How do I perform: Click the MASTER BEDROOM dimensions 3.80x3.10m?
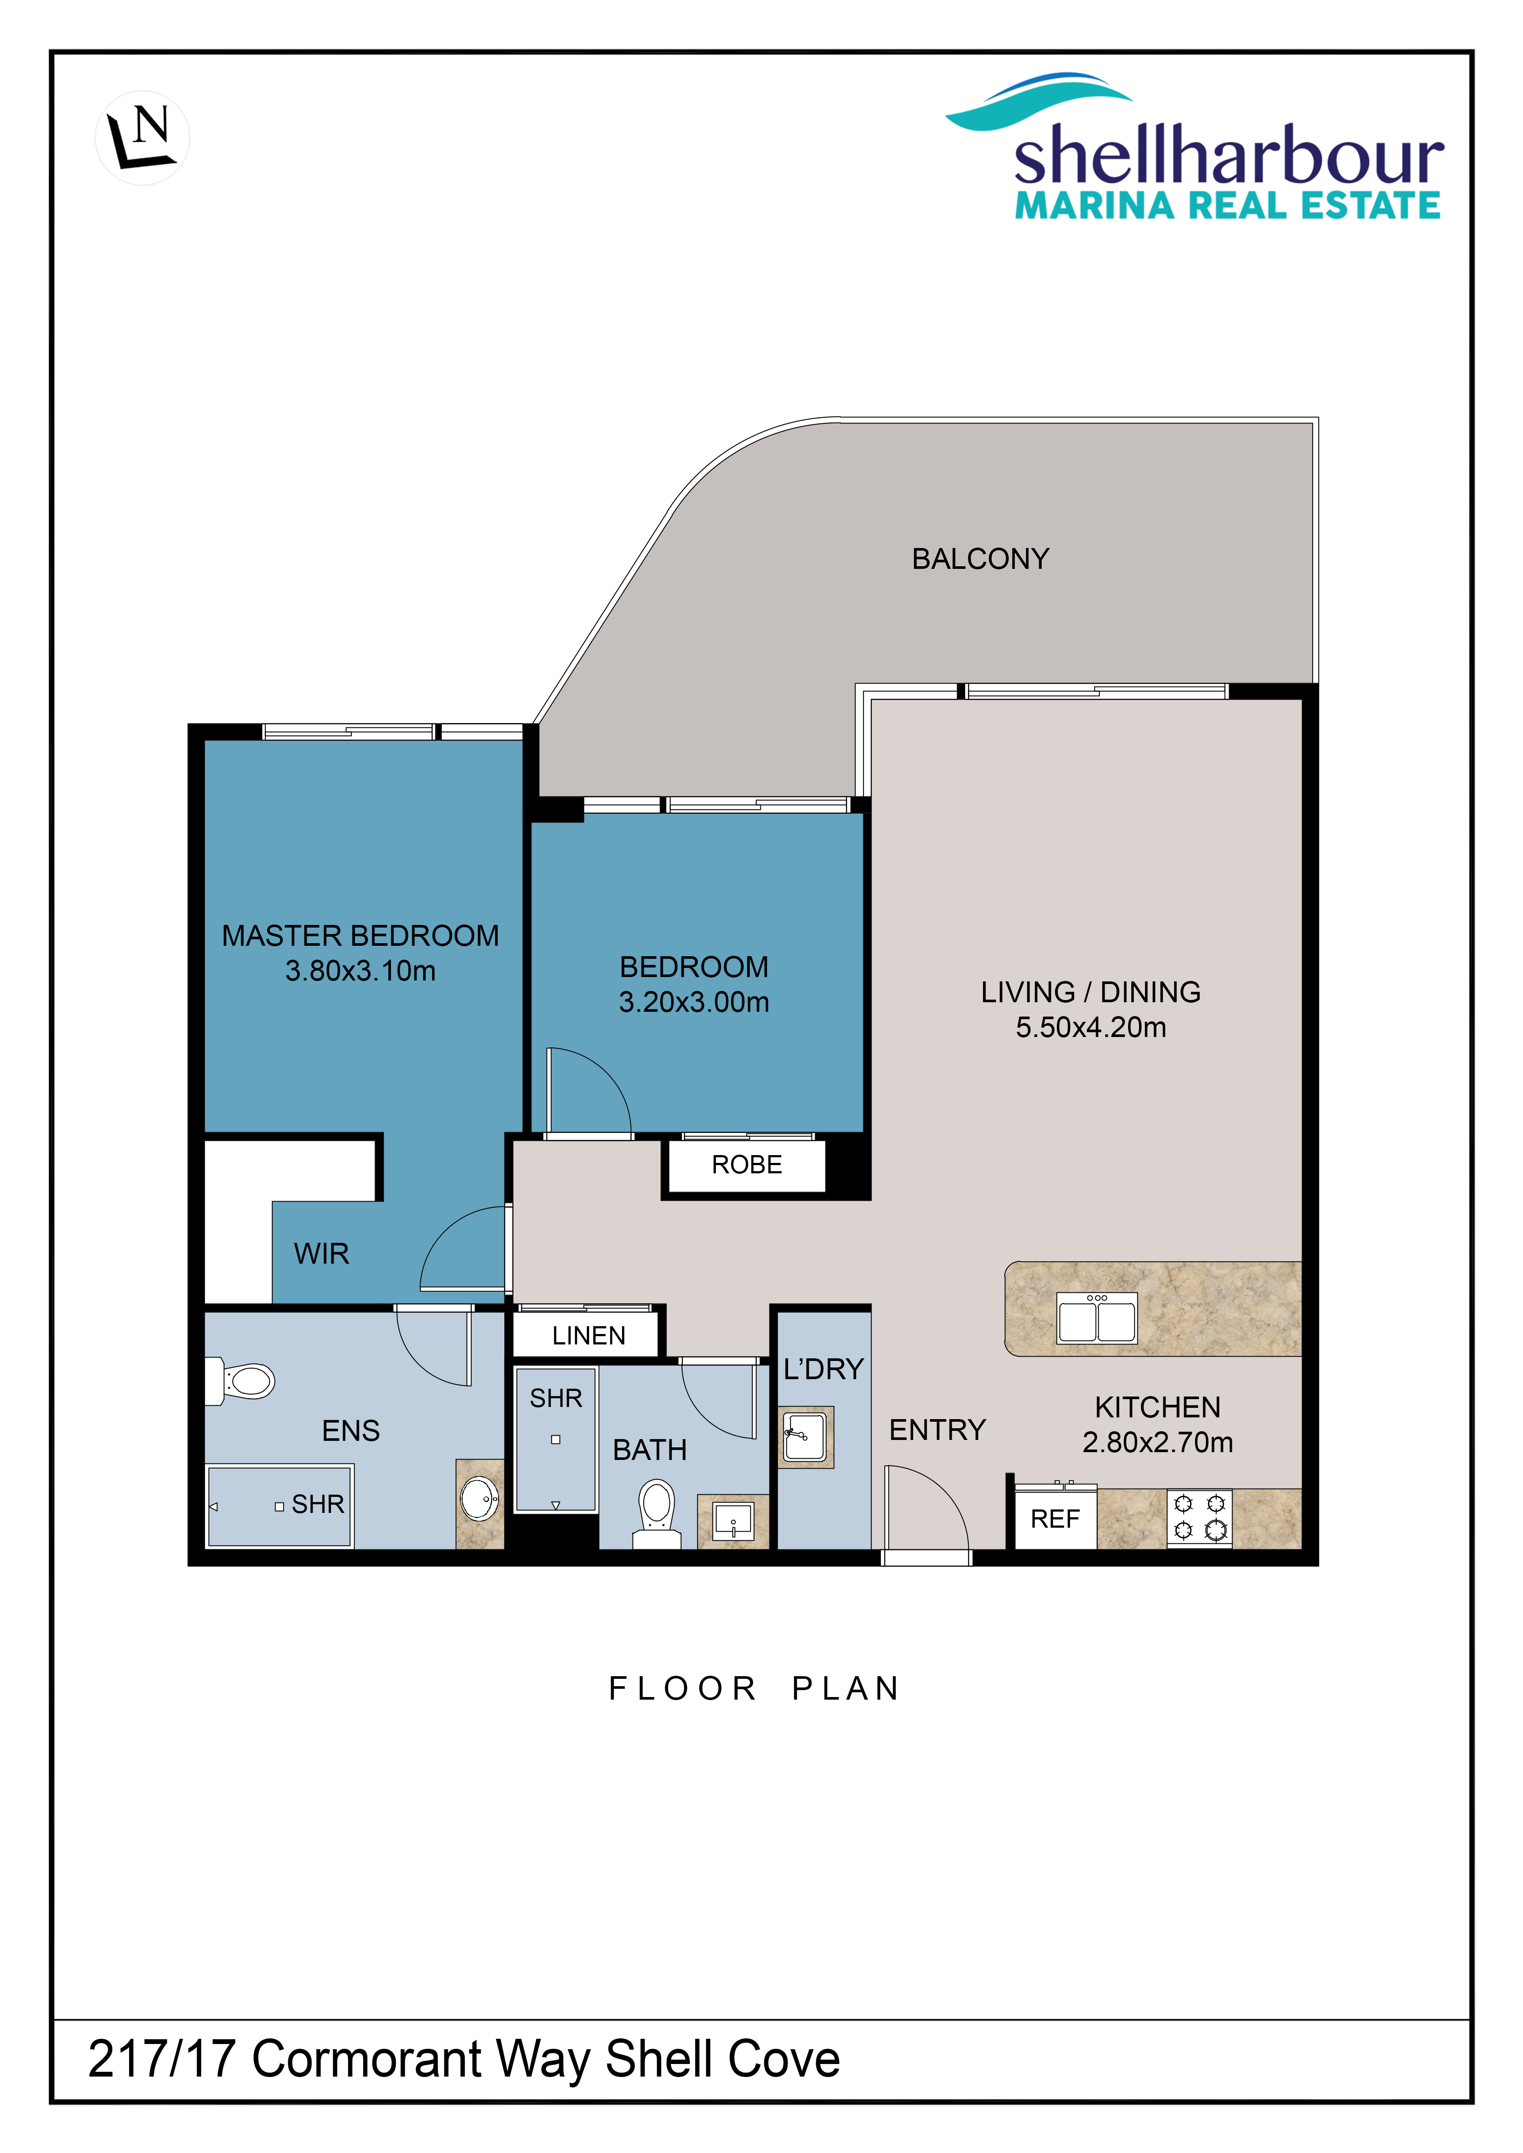[x=360, y=971]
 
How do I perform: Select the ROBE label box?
[x=746, y=1165]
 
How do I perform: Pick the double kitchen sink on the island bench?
[x=1096, y=1318]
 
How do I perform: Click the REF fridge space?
[x=1055, y=1519]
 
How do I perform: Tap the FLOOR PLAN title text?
[x=754, y=1689]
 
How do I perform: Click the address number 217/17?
[x=161, y=2060]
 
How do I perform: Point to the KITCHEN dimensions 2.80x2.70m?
[x=1157, y=1442]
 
